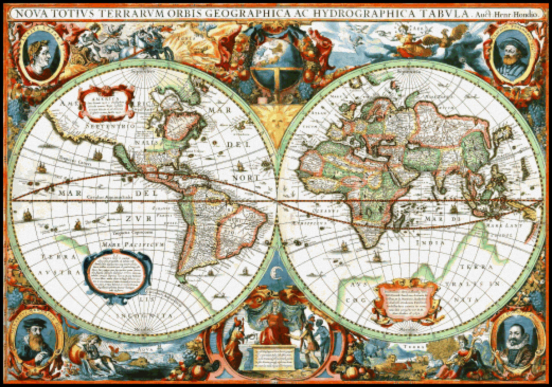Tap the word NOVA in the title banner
pos(32,13)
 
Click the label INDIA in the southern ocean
pos(430,243)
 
